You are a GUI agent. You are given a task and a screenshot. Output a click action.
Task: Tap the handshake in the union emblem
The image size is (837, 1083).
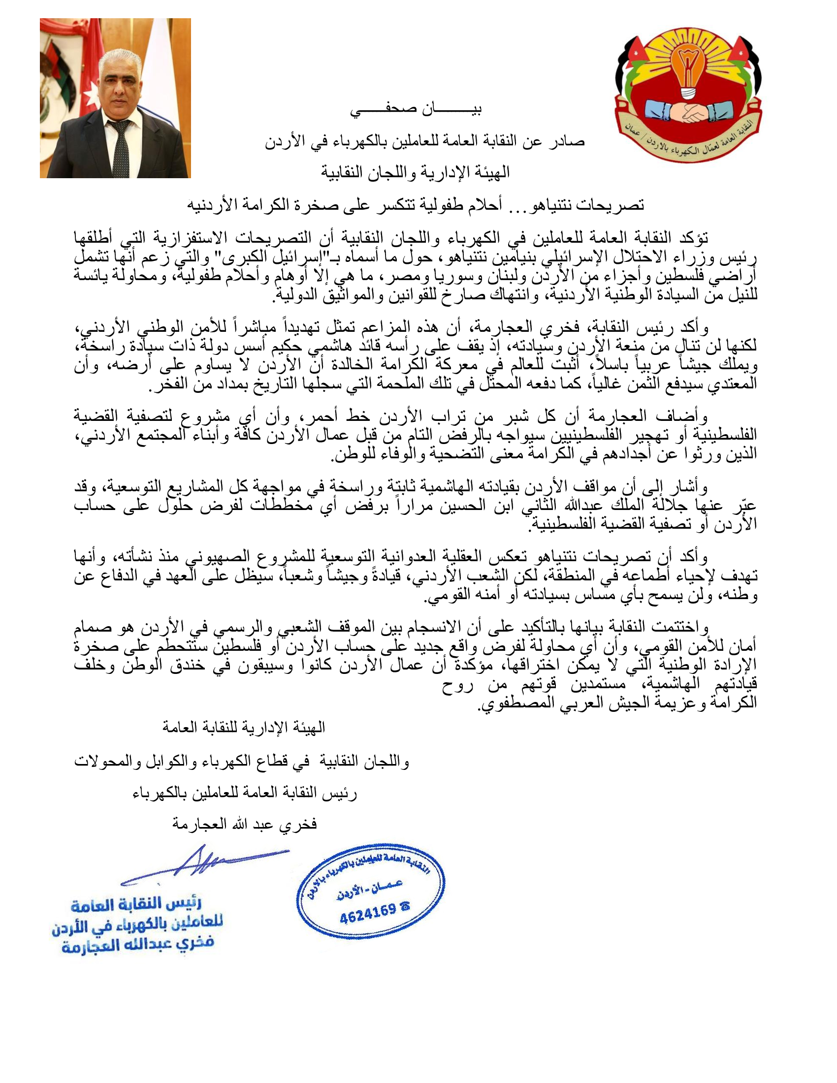tap(689, 113)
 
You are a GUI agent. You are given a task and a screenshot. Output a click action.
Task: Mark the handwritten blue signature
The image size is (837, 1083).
tap(204, 863)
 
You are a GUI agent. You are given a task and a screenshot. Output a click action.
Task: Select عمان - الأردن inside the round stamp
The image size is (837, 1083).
tap(369, 888)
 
